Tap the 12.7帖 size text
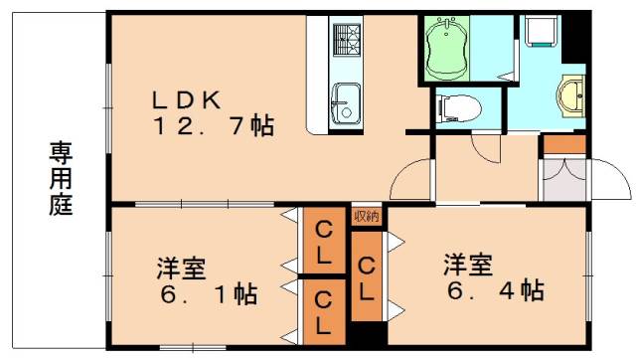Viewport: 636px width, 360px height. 214,127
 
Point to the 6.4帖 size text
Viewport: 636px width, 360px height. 493,291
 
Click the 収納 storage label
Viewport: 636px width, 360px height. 365,215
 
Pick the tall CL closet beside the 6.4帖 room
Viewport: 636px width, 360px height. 366,278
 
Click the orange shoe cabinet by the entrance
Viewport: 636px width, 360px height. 564,144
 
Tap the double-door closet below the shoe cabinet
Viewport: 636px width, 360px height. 563,179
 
